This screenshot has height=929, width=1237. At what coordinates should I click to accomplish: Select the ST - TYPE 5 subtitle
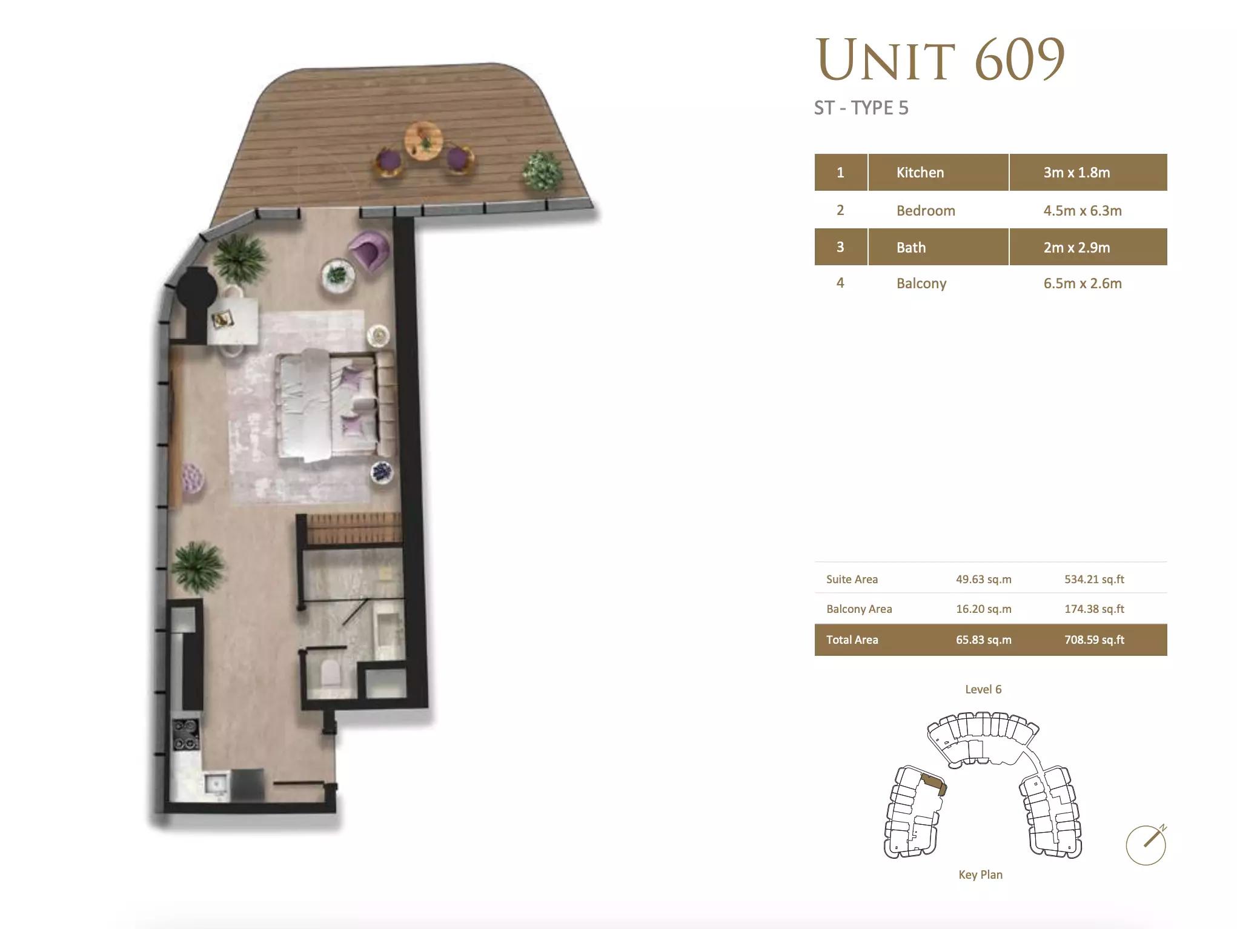861,108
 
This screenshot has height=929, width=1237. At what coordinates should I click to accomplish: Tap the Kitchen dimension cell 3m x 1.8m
1076,173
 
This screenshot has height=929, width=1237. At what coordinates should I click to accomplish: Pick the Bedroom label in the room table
926,211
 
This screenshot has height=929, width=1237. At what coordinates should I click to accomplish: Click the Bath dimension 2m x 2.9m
1076,248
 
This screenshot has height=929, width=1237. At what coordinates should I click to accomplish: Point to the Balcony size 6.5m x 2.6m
1083,283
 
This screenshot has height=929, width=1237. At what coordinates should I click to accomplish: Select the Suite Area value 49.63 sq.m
984,579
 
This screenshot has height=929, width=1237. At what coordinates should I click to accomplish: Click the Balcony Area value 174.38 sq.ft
1094,609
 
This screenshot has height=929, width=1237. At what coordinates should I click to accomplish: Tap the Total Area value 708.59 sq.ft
1094,640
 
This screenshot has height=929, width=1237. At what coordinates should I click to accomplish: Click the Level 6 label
983,689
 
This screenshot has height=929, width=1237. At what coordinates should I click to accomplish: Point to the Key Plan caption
980,874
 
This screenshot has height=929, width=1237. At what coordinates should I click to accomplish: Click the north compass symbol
1146,844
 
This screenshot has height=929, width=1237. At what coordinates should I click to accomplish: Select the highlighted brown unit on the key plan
934,785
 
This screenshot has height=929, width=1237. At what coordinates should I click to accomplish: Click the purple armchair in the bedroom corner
369,250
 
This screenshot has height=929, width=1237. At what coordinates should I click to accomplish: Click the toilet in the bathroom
331,672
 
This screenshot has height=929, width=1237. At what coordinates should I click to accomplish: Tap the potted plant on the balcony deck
542,170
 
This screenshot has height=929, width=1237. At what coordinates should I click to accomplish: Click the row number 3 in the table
840,247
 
